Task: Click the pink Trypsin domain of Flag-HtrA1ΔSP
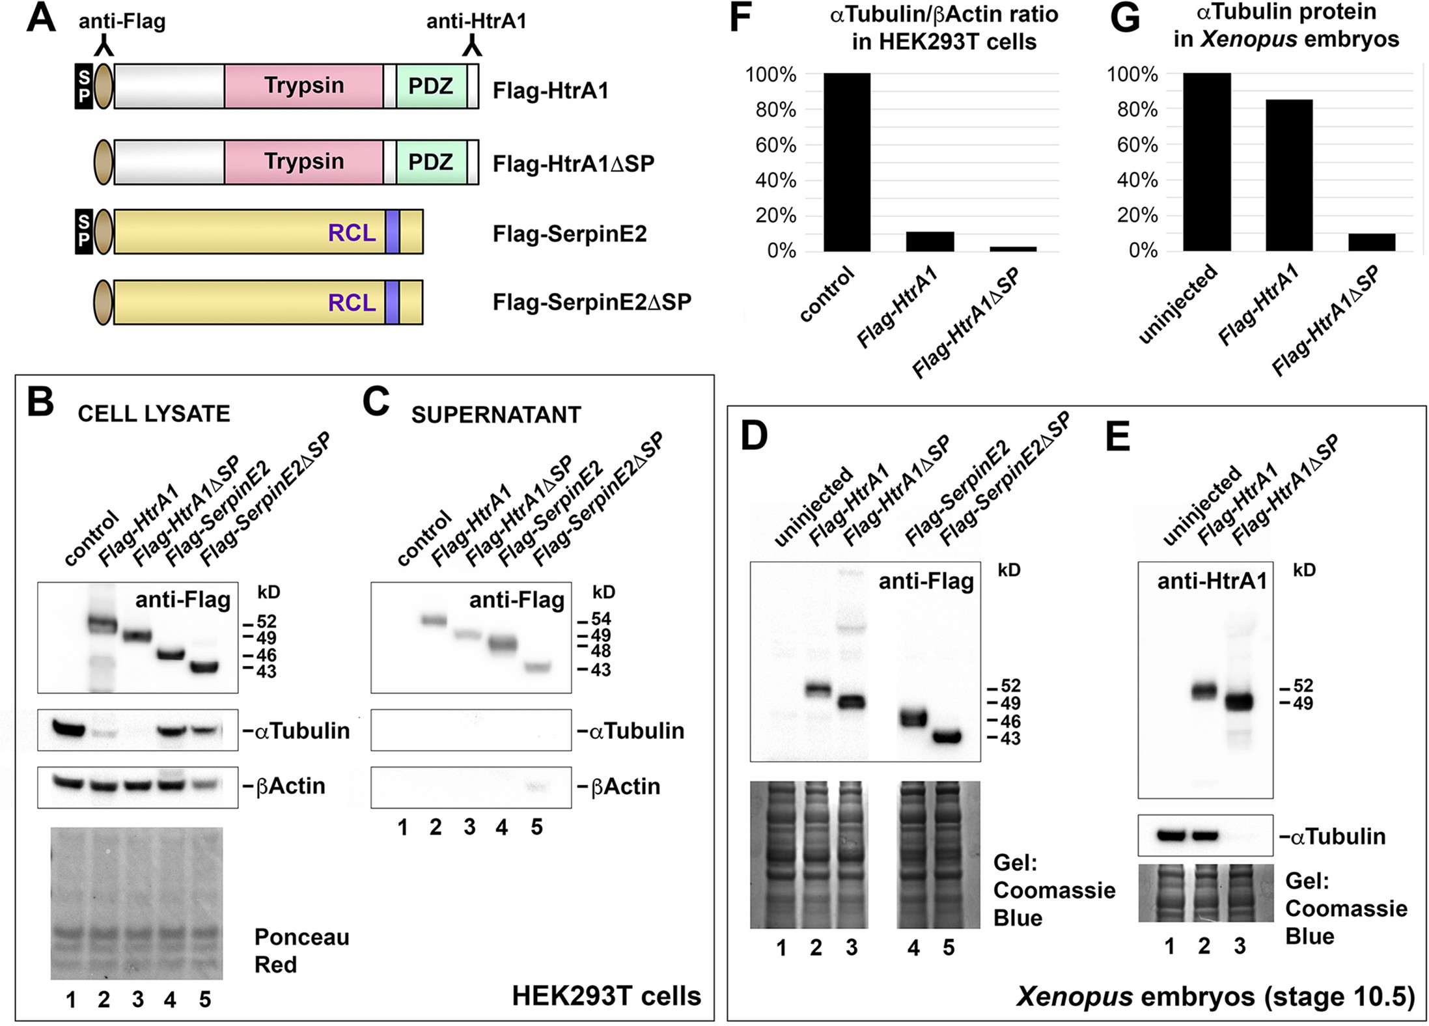click(303, 161)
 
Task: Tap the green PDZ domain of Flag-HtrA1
click(431, 86)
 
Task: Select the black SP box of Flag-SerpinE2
click(84, 232)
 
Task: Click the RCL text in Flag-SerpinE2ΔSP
click(352, 303)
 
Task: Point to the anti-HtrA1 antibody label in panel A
click(476, 21)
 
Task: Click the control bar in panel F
click(846, 162)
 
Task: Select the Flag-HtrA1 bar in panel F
click(930, 242)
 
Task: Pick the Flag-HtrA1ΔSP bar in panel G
click(1372, 242)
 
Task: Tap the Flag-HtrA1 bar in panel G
click(1289, 175)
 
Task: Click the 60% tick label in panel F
click(776, 145)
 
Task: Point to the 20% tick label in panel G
click(1138, 215)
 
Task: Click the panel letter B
click(40, 402)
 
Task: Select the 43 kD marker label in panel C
click(601, 670)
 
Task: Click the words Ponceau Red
click(301, 950)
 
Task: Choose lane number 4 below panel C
click(501, 827)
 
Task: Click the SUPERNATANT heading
click(496, 415)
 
